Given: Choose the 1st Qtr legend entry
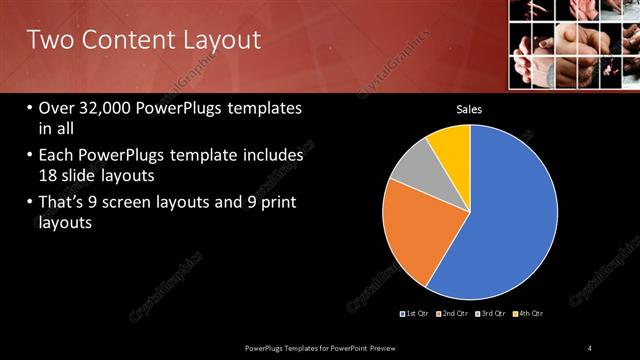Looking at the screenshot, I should [x=415, y=314].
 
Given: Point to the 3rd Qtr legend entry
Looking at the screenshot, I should [x=494, y=314].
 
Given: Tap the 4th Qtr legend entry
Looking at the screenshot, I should [x=529, y=314].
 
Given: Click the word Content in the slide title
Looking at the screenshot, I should [x=123, y=41].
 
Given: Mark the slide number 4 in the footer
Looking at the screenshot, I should [x=589, y=347].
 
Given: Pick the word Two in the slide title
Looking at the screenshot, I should [x=48, y=41].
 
